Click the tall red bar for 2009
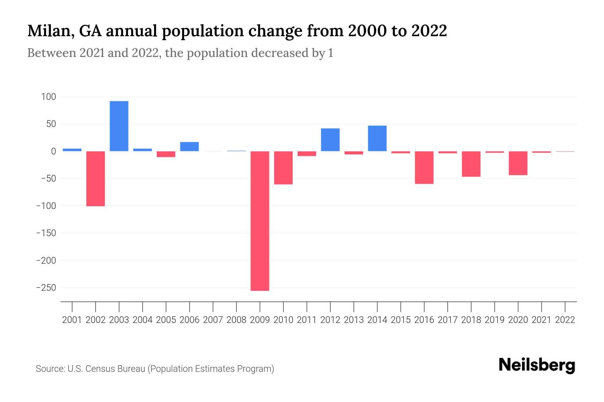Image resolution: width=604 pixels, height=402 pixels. tap(260, 221)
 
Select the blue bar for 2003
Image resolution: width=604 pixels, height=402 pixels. tap(119, 126)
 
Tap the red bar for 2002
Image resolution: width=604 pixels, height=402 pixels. tap(96, 179)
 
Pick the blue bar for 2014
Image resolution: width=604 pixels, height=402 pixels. tap(377, 138)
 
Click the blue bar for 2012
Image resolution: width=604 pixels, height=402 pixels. tap(330, 140)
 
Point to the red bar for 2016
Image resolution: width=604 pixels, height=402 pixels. tap(424, 167)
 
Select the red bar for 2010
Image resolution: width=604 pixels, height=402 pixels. tap(283, 167)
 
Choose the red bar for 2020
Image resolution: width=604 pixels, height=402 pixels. tap(518, 163)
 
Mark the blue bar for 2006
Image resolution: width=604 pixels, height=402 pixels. tap(189, 147)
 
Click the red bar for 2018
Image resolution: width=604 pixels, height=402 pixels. tap(471, 164)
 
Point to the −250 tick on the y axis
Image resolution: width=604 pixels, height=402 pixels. tap(46, 288)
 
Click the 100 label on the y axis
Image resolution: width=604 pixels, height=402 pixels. tap(48, 97)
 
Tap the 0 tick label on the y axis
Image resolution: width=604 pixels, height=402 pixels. tap(53, 151)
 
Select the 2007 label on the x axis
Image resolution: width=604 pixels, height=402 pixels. tap(213, 320)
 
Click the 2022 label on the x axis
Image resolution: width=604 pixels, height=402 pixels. tap(565, 320)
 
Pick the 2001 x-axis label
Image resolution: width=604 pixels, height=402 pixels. tap(72, 320)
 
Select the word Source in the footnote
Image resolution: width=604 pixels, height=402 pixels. tap(50, 369)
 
